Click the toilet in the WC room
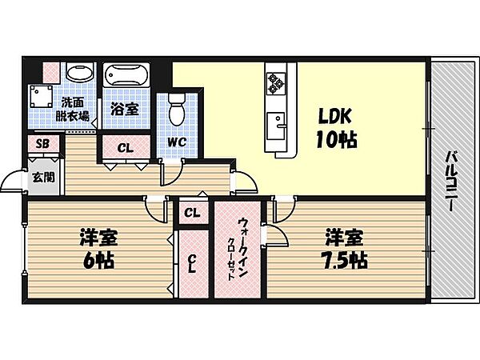point(177,109)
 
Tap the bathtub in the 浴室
point(126,75)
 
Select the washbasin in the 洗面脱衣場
point(79,73)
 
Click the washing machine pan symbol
point(41,96)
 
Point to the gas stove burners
point(276,83)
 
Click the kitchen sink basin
point(275,126)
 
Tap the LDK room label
point(334,116)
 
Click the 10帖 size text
point(336,139)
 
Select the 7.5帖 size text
point(346,261)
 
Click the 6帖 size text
point(98,261)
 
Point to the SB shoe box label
point(43,143)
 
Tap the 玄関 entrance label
point(44,178)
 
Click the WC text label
point(177,142)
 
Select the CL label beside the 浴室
point(126,148)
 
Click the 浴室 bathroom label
point(124,109)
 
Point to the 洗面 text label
point(72,102)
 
